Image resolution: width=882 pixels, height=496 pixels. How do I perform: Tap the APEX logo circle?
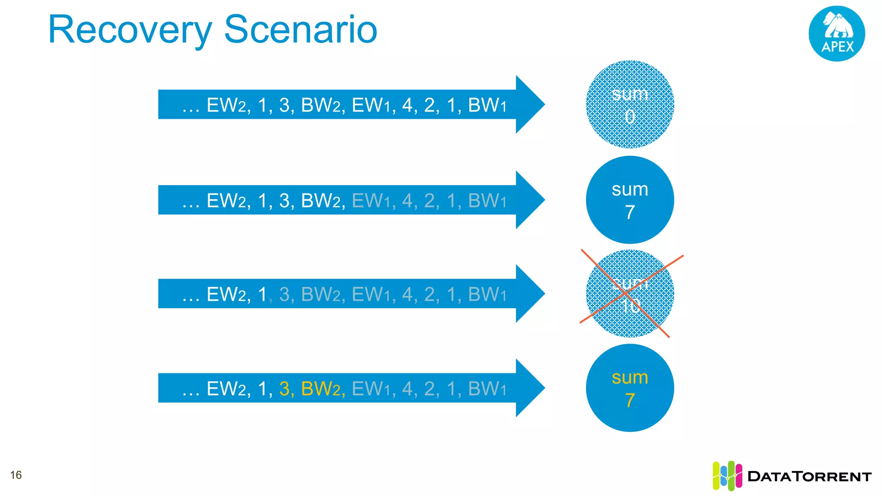[836, 34]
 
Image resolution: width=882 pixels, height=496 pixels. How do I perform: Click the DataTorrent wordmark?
[809, 476]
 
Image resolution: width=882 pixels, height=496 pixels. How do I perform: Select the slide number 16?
[16, 475]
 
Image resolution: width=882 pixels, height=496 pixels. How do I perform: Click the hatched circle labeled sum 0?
[630, 105]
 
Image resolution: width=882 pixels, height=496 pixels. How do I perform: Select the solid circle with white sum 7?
[630, 200]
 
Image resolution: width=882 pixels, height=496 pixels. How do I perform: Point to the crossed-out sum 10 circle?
[630, 294]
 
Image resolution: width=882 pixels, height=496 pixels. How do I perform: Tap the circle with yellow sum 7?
[630, 387]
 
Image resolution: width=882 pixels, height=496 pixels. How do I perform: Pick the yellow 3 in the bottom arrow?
[284, 389]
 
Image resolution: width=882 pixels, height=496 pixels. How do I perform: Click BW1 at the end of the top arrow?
[487, 105]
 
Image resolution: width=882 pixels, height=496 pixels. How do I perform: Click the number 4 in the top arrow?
[407, 105]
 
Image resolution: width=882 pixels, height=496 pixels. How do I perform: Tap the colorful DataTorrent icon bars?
[727, 476]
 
